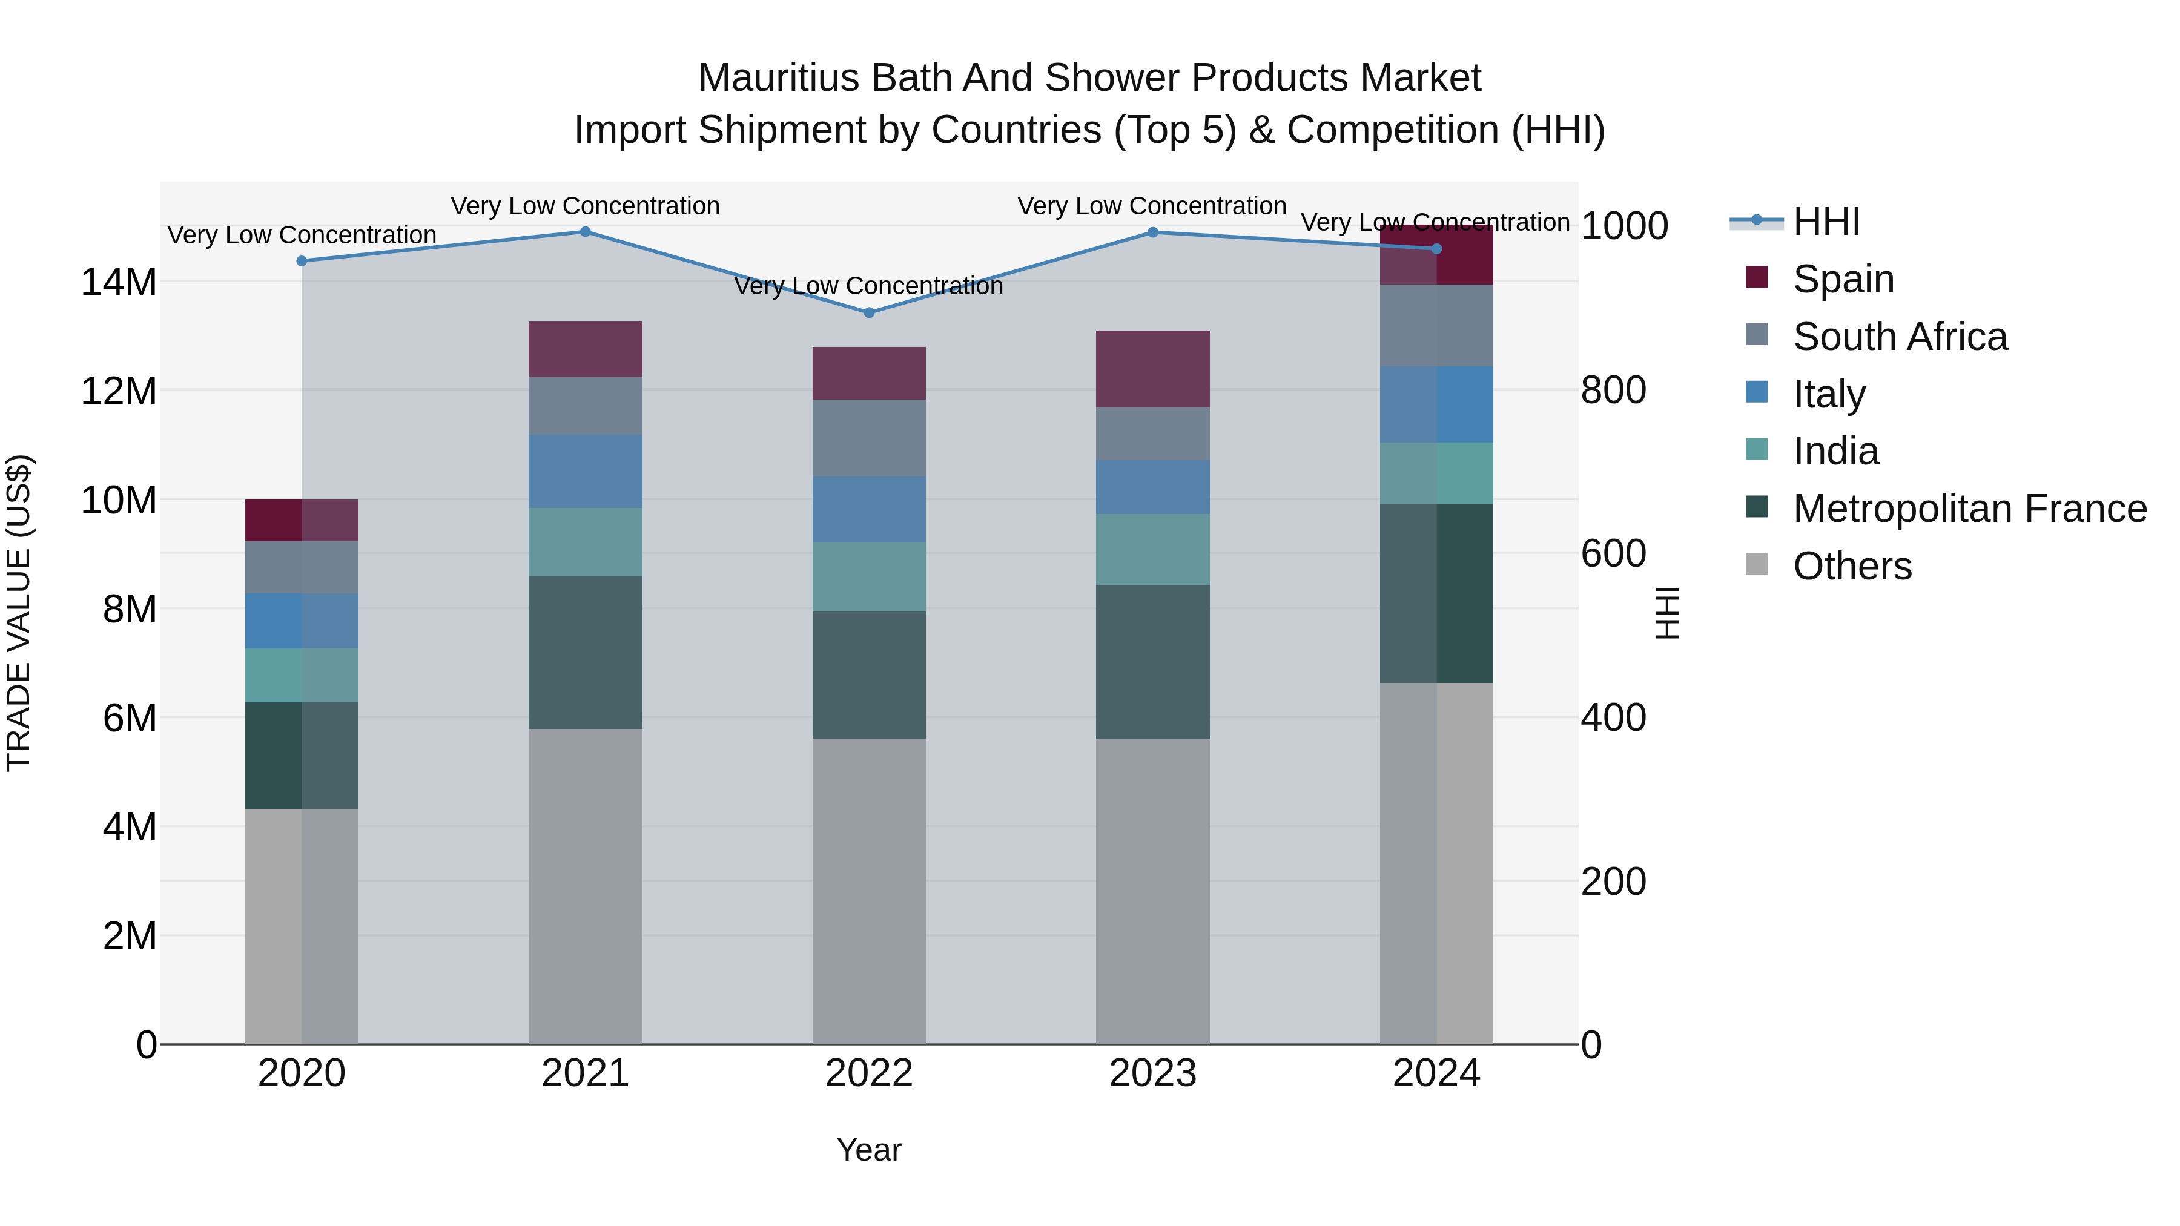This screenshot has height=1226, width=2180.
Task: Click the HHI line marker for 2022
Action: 868,312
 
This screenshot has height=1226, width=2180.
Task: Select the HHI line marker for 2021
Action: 585,232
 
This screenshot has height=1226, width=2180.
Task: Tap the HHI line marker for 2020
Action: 302,260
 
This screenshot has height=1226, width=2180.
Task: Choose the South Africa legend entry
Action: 1899,337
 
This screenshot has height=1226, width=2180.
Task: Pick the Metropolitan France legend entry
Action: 1969,509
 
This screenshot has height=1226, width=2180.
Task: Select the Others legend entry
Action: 1852,566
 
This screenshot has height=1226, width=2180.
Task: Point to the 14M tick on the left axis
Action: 119,282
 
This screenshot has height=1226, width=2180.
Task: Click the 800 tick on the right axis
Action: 1613,390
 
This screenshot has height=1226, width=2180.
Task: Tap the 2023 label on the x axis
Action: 1152,1073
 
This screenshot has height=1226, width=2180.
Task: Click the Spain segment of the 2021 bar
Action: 585,349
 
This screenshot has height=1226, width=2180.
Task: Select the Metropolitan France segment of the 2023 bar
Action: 1152,662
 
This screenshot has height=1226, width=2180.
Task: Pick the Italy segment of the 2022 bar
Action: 868,509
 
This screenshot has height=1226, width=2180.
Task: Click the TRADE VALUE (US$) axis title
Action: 19,613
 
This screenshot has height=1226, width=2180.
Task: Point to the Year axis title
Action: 868,1150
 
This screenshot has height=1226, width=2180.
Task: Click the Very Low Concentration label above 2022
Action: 868,286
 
